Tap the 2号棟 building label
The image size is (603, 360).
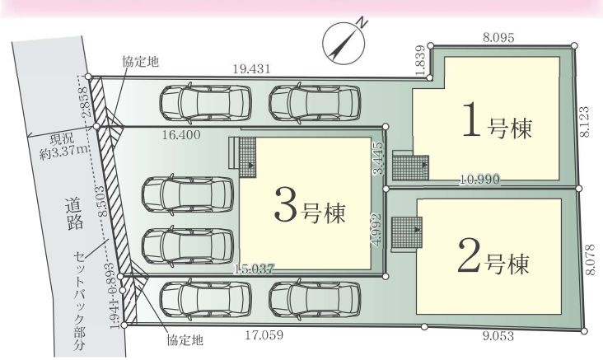pyautogui.click(x=493, y=261)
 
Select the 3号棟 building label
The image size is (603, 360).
pyautogui.click(x=309, y=207)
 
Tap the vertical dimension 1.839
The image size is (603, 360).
pyautogui.click(x=420, y=62)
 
